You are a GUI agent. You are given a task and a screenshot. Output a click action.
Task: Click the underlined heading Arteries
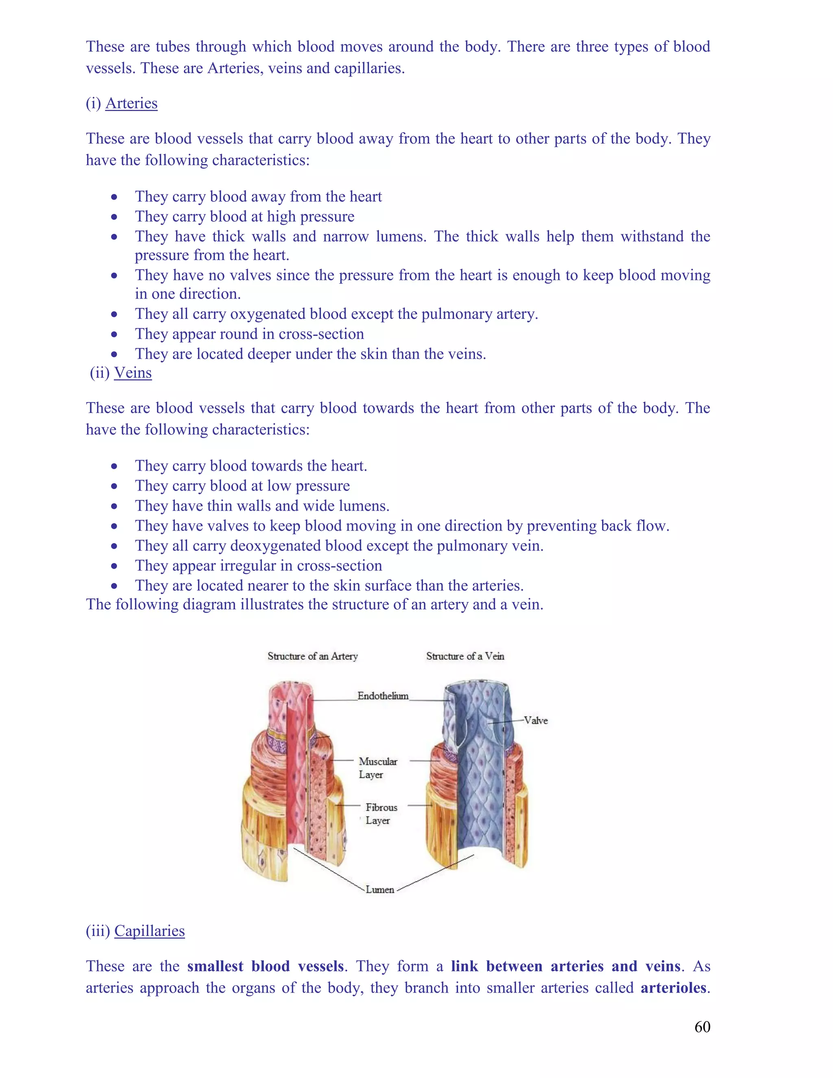point(131,103)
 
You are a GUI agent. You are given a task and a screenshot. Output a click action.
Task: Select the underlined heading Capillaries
point(150,930)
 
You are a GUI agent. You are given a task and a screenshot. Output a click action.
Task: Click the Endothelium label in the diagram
point(383,696)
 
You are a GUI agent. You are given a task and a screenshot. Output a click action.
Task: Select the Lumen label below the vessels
point(380,889)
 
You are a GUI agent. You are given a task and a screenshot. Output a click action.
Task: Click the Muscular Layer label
point(377,768)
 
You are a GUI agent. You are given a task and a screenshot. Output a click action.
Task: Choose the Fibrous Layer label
point(381,814)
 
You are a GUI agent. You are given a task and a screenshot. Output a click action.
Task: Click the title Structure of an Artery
point(312,656)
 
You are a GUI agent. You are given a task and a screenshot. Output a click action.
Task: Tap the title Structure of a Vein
point(465,656)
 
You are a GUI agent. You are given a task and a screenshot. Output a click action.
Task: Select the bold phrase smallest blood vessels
point(266,966)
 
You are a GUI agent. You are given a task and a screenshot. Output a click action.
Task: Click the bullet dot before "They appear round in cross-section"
point(114,334)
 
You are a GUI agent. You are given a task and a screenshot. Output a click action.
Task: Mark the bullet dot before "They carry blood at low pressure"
point(114,486)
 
